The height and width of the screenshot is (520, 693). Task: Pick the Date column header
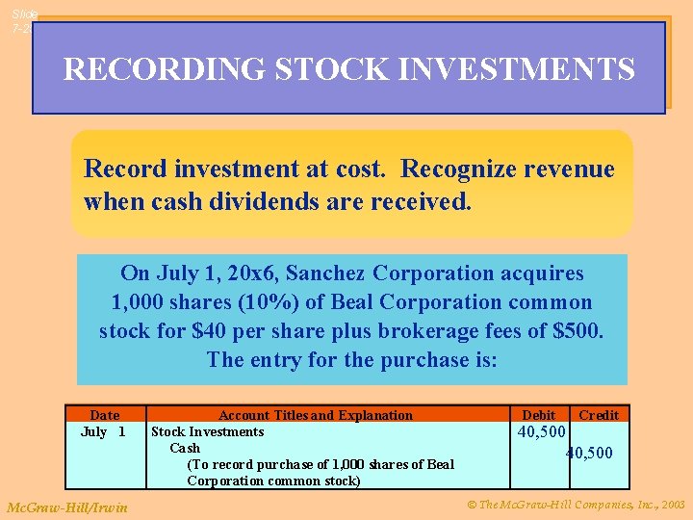[104, 415]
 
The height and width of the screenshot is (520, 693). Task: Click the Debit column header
[539, 415]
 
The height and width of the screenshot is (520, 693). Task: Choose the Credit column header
[599, 415]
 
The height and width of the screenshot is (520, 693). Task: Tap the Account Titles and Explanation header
[316, 415]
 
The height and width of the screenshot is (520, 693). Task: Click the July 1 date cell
[103, 431]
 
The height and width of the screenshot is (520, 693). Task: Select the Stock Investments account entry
[207, 431]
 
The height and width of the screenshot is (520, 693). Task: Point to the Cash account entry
[185, 448]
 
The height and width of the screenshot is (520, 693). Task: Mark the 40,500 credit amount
[589, 453]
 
